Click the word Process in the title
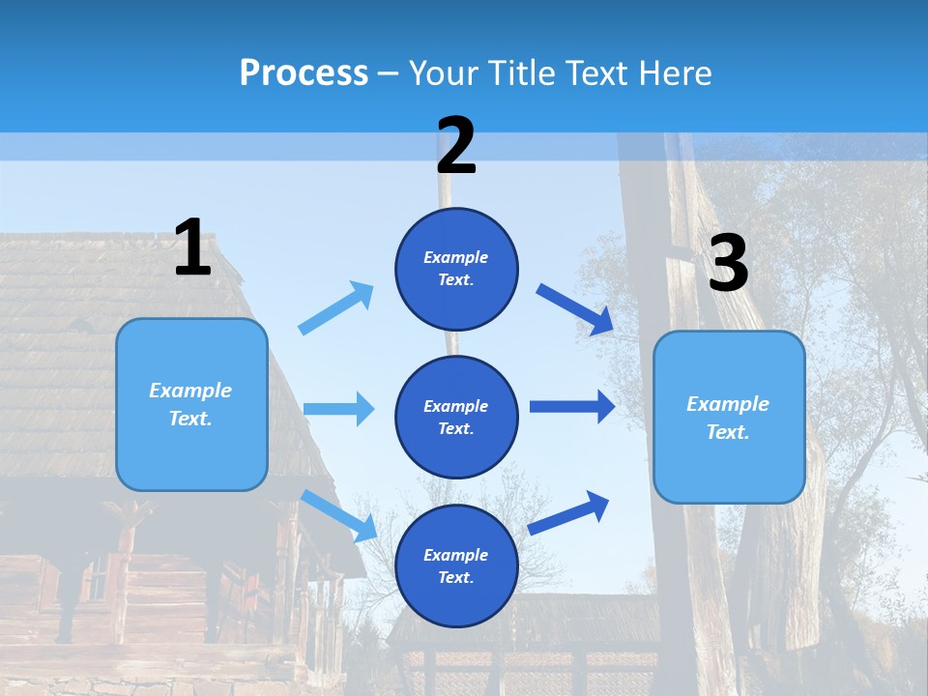(304, 73)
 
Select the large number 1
(192, 247)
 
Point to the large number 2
(456, 146)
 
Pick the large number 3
(729, 264)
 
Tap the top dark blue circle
(456, 269)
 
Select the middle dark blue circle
(456, 417)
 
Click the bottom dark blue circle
(456, 565)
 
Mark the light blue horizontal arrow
(339, 409)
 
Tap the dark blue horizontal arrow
(572, 407)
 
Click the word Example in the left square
(190, 391)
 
